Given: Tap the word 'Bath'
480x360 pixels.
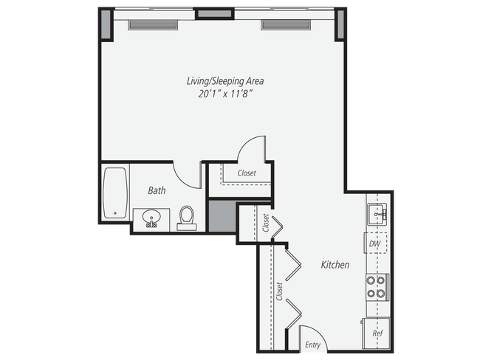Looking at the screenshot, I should click(x=157, y=190).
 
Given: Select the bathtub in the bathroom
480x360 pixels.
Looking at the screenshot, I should click(x=114, y=193).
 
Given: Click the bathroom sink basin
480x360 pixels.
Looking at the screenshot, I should click(x=152, y=218).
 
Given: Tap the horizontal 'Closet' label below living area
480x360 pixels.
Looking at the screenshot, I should click(x=247, y=174).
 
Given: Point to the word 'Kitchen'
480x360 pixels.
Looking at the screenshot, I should click(x=335, y=265).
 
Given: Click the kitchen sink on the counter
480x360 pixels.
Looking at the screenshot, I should click(x=377, y=215).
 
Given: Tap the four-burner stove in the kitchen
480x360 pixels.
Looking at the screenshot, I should click(x=377, y=286).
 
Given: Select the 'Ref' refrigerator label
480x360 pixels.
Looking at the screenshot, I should click(x=377, y=333).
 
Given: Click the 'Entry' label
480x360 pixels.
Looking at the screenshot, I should click(x=312, y=345).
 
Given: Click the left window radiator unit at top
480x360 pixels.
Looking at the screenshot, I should click(x=153, y=25).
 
